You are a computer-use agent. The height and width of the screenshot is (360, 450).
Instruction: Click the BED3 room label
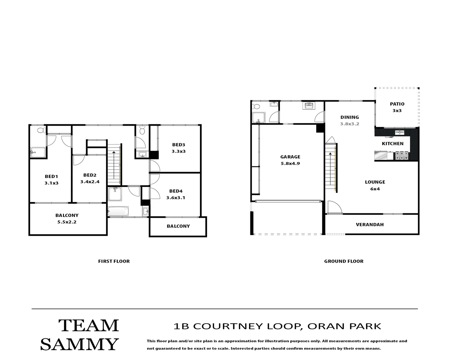point(178,145)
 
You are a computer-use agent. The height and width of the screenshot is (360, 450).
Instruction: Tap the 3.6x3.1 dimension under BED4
point(176,198)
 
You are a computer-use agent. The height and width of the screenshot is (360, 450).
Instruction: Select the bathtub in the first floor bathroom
point(118,212)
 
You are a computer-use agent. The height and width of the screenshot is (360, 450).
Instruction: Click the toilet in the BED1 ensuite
point(41,130)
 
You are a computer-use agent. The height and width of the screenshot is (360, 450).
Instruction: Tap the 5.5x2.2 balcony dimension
point(67,222)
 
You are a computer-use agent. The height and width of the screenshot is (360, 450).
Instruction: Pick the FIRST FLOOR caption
point(114,261)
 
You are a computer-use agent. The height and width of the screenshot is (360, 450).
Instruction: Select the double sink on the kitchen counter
point(400,133)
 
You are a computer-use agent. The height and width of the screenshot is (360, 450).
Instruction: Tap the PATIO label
point(397,104)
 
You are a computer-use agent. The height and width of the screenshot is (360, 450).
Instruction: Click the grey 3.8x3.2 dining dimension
point(349,124)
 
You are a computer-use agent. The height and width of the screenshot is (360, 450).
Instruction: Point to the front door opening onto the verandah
point(334,207)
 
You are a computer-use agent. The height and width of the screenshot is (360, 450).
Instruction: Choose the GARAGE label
point(290,157)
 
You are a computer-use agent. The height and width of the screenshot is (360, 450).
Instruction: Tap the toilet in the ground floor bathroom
point(256,107)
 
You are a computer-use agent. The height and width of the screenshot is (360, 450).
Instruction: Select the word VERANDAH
point(370,225)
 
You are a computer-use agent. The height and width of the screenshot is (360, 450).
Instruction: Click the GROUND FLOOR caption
point(344,261)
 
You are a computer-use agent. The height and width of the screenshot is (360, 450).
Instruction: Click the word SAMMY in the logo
point(79,344)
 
